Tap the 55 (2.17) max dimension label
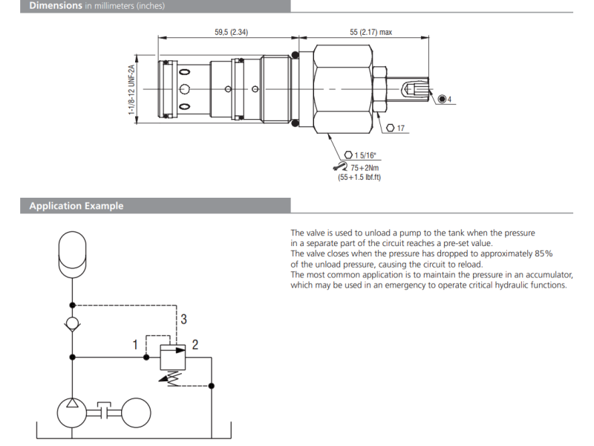point(371,32)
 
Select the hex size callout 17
point(401,128)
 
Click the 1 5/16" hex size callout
point(365,155)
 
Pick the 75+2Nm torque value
point(365,167)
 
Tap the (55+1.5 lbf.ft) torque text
point(359,177)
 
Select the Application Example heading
point(76,206)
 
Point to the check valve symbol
point(72,324)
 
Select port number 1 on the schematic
point(136,344)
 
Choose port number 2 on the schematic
point(195,344)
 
